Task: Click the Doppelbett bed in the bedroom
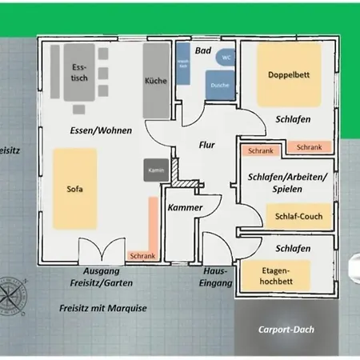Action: [x=288, y=75]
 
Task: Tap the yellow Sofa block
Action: [x=75, y=190]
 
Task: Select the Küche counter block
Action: [x=156, y=80]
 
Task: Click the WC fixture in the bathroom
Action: [x=226, y=58]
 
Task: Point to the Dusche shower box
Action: [x=220, y=85]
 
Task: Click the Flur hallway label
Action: [x=208, y=146]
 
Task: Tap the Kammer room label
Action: [x=186, y=208]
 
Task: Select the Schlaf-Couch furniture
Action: [x=299, y=217]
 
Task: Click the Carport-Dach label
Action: [x=286, y=329]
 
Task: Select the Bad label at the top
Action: [x=202, y=50]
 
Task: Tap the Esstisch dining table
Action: [x=78, y=78]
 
